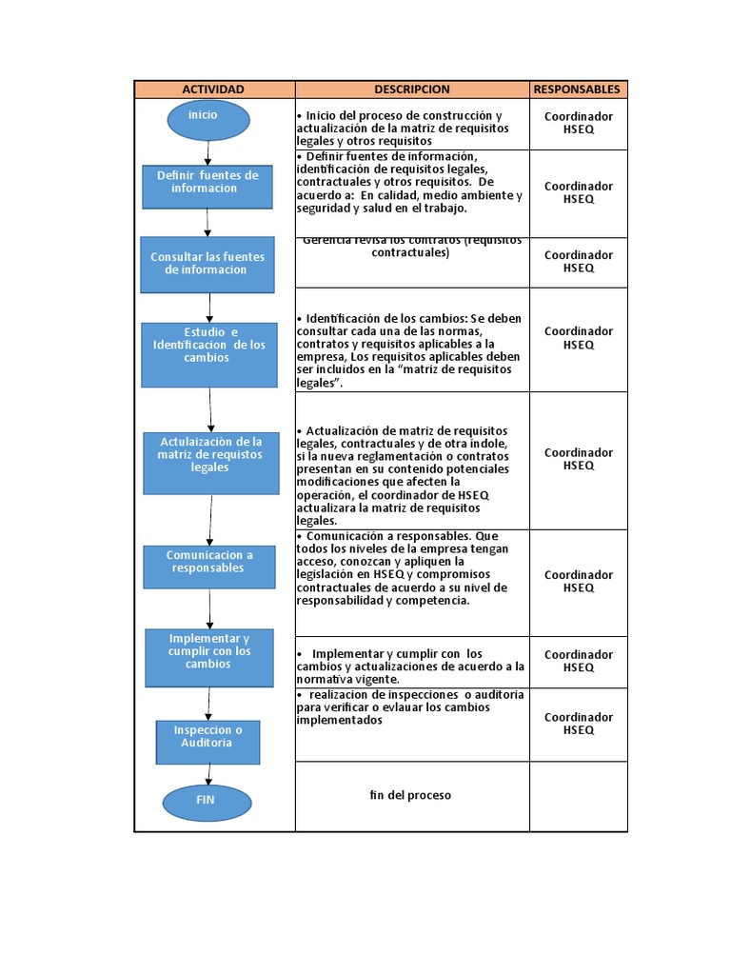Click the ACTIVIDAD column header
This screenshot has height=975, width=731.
tap(213, 90)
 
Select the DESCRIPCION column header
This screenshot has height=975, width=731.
tap(411, 90)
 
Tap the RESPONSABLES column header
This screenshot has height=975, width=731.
tap(577, 90)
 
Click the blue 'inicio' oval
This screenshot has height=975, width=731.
tap(207, 119)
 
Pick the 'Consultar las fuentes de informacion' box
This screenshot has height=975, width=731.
tap(207, 264)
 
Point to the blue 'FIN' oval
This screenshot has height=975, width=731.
tap(206, 801)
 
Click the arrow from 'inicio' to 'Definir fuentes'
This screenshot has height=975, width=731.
tap(207, 151)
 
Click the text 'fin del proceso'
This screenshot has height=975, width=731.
tap(410, 795)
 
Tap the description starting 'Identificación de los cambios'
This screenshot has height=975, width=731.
tap(409, 350)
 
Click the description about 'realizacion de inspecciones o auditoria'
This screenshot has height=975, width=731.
tap(409, 707)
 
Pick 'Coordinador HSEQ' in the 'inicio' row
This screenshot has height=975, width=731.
tap(578, 123)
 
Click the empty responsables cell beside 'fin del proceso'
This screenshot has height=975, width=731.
tap(578, 796)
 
